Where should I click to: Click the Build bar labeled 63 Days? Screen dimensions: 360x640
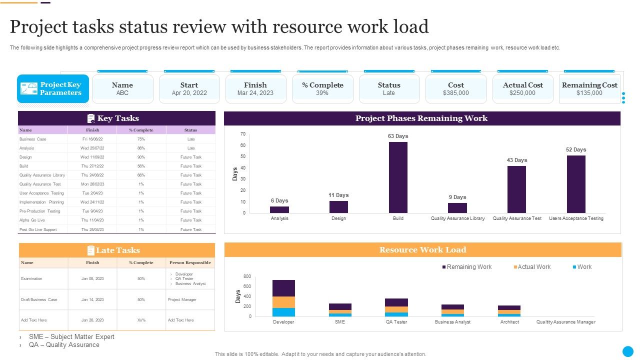click(x=398, y=177)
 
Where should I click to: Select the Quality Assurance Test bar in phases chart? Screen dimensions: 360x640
click(x=516, y=189)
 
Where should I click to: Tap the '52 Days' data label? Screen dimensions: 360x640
click(x=576, y=149)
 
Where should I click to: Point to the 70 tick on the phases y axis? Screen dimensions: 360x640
click(x=243, y=134)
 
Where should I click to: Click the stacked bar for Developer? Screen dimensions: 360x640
click(x=283, y=298)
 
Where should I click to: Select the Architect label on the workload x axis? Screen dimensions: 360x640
click(x=509, y=322)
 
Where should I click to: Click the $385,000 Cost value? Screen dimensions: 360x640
click(x=455, y=93)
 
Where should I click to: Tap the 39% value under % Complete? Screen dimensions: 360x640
click(x=322, y=93)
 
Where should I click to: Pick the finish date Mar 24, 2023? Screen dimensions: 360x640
click(x=255, y=93)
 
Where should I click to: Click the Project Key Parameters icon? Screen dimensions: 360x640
click(x=29, y=88)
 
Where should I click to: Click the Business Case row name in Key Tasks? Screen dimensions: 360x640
click(x=33, y=139)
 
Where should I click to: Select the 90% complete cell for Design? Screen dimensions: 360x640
click(x=141, y=157)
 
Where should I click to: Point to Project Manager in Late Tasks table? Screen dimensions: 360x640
click(x=182, y=299)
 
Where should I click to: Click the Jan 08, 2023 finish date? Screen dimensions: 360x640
click(x=92, y=278)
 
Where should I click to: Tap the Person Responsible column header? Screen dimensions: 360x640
click(x=190, y=262)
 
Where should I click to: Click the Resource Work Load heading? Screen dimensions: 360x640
click(x=422, y=250)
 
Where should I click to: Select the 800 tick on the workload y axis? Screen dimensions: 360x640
click(x=247, y=276)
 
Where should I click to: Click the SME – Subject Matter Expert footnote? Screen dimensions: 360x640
click(x=71, y=337)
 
